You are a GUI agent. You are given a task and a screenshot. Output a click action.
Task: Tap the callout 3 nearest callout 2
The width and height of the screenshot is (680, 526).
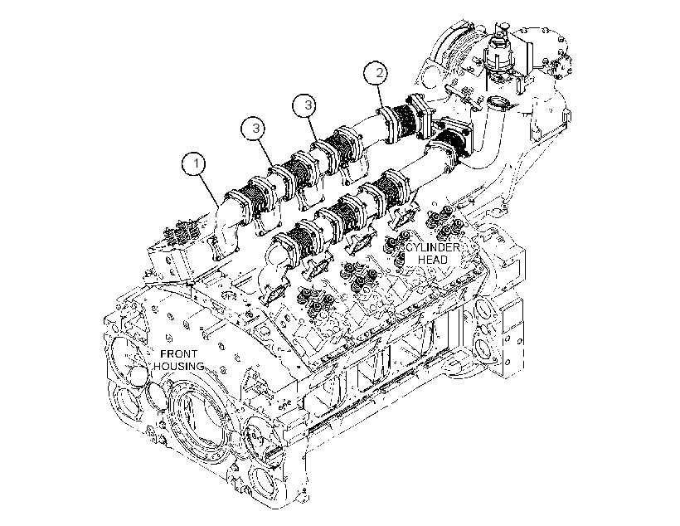click(x=307, y=105)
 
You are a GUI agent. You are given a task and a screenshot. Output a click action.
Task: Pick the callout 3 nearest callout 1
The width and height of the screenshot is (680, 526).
click(x=256, y=129)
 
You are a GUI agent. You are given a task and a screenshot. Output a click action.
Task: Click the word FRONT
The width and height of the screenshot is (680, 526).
click(x=178, y=354)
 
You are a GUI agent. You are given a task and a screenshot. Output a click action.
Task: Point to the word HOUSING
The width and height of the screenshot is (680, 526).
click(x=178, y=366)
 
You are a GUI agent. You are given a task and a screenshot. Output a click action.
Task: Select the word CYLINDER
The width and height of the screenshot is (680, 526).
click(x=432, y=248)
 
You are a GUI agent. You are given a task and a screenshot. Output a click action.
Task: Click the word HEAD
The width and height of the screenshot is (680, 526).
click(x=432, y=260)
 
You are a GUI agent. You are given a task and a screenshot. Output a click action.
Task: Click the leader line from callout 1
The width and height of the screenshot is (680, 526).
click(x=210, y=191)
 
